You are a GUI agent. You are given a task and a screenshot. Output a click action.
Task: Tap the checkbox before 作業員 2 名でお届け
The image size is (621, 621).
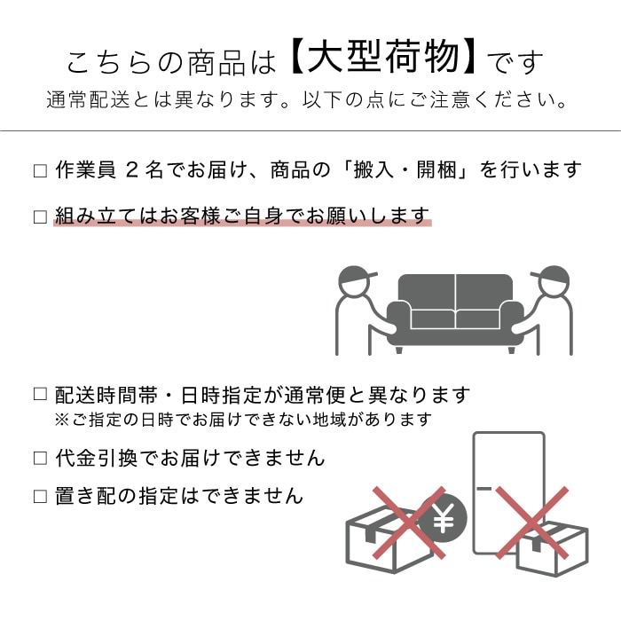pos(40,170)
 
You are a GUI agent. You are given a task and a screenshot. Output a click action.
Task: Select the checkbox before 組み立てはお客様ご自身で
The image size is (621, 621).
pos(40,216)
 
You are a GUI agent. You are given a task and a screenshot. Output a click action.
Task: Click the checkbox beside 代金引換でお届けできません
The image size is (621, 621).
pos(40,459)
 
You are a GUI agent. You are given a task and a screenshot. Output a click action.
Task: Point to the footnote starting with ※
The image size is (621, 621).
pos(243,419)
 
